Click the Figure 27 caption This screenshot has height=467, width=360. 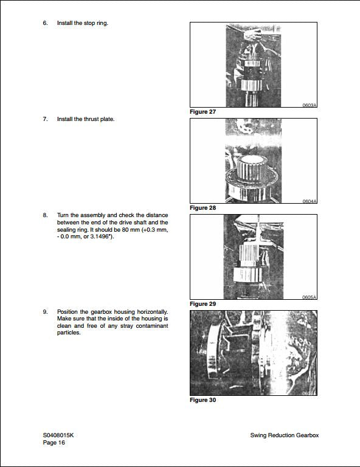pos(202,112)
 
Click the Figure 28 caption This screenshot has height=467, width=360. pos(202,208)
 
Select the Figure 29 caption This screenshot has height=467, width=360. pos(202,303)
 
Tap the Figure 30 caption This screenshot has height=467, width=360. pos(202,400)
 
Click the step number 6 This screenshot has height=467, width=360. pos(45,23)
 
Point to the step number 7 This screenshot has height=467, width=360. pos(45,119)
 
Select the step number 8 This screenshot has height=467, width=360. pos(45,215)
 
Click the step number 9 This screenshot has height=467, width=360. pos(45,311)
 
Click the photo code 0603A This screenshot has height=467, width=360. pos(310,105)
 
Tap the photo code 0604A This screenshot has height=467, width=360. pos(310,201)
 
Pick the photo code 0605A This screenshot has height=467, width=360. pos(310,297)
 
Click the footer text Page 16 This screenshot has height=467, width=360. pos(54,443)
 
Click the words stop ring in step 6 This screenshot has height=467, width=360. pos(96,23)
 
